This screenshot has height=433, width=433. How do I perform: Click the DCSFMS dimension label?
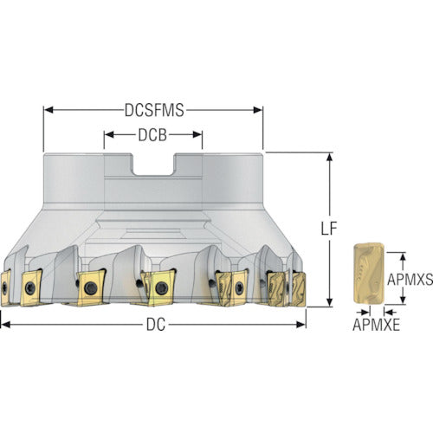[x=154, y=110]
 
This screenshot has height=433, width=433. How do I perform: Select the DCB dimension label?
[x=152, y=135]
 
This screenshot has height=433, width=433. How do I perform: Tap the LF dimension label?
[x=329, y=229]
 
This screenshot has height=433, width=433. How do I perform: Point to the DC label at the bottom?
[x=156, y=325]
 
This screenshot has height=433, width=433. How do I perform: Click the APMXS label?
[x=410, y=279]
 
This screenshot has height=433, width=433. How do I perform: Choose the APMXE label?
[x=376, y=325]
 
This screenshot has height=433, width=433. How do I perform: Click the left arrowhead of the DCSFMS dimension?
[x=48, y=110]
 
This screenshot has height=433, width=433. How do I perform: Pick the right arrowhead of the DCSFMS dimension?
[x=258, y=110]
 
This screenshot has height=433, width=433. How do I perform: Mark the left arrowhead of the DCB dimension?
[x=109, y=135]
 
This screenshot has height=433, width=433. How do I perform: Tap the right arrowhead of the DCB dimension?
[x=197, y=135]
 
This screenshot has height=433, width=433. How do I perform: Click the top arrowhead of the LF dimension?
[x=329, y=158]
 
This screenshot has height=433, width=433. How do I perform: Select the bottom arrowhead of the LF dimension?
[x=329, y=302]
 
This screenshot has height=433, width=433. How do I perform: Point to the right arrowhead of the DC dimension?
[x=301, y=325]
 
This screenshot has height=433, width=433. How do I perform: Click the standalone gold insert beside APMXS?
[x=369, y=274]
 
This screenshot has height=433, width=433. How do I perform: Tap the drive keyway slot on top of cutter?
[x=153, y=165]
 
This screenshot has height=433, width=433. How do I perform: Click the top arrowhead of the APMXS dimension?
[x=404, y=257]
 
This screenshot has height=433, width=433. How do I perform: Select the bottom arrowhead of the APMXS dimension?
[x=404, y=299]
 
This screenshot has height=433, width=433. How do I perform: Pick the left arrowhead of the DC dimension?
[x=6, y=325]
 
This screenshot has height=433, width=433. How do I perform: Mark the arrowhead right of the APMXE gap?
[x=388, y=312]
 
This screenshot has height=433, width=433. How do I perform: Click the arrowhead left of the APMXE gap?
[x=365, y=312]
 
